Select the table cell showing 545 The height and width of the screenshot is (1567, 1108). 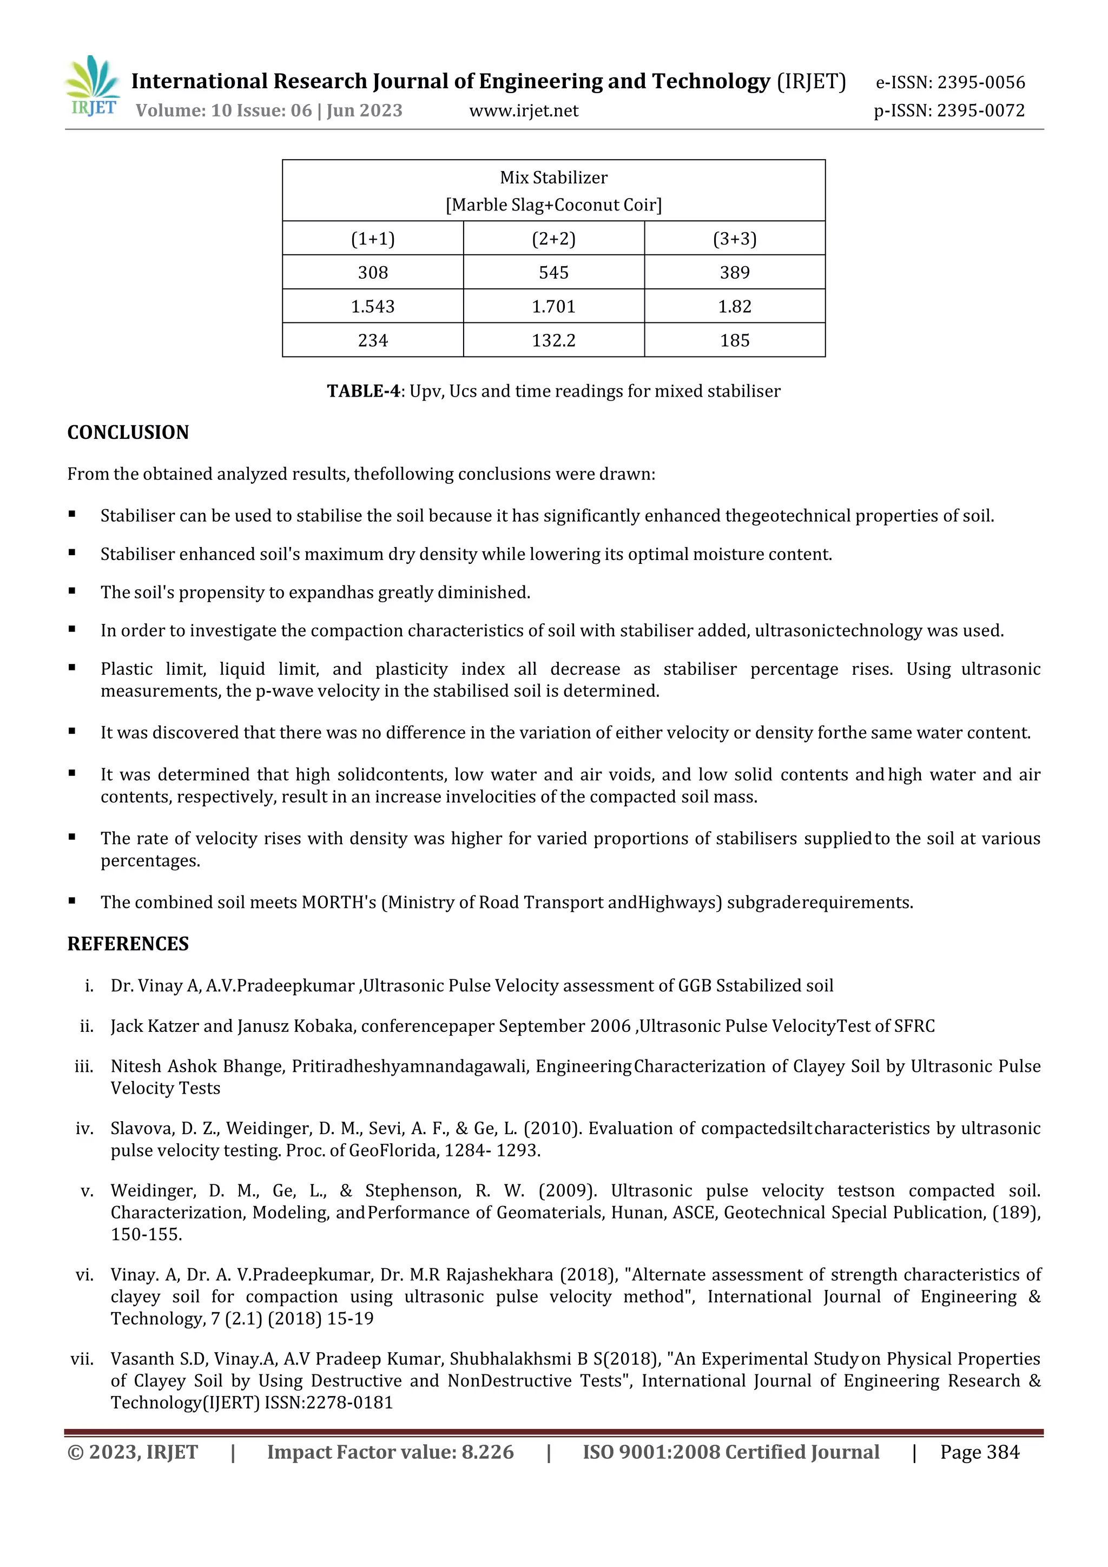553,272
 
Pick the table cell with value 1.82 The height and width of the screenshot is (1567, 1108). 734,306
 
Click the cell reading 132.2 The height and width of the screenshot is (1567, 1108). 553,340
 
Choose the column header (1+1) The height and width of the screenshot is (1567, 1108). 373,239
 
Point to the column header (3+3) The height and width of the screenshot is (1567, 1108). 734,239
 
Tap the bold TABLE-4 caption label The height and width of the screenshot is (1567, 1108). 363,391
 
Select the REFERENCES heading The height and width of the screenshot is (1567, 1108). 128,944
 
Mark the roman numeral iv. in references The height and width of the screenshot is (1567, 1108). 84,1129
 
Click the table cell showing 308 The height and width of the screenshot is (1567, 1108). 373,272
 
